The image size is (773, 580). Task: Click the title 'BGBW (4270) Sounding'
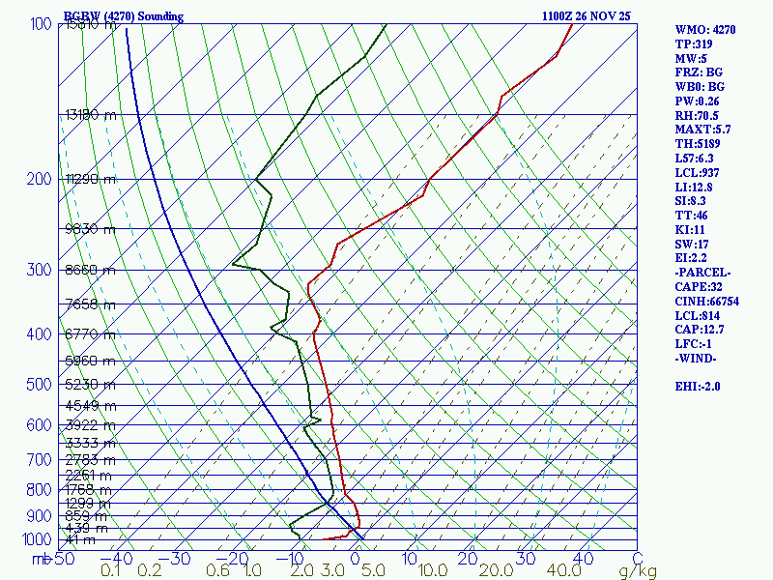coord(123,16)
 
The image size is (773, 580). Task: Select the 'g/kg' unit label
coord(638,571)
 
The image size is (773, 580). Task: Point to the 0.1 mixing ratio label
coord(111,571)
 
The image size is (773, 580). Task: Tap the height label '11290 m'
coord(89,180)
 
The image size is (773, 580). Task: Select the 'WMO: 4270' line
coord(705,30)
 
